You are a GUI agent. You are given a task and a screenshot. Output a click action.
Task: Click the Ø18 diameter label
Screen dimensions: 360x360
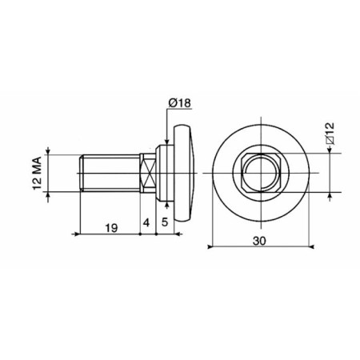pos(180,103)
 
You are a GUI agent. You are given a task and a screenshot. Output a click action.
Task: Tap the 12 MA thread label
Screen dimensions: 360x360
pos(37,174)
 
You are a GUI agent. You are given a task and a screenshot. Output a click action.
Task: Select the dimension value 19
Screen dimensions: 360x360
pos(111,228)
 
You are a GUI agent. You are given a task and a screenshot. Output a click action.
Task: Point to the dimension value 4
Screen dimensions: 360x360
pos(146,222)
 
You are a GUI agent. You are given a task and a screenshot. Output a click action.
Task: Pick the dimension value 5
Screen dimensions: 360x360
pos(165,222)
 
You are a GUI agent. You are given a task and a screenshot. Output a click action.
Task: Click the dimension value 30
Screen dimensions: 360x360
pos(259,241)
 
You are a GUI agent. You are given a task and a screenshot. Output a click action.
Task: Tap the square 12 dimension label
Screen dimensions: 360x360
pos(330,134)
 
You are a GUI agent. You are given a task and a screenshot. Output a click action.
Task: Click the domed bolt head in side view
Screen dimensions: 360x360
pos(185,174)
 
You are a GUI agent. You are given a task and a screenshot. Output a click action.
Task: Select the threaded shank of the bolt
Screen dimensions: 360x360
pos(110,174)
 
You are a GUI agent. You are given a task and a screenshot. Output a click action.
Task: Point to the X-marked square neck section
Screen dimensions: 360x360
pos(148,174)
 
